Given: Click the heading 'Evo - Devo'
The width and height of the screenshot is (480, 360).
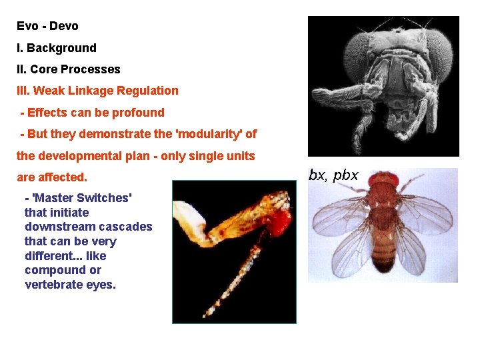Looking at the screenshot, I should pyautogui.click(x=47, y=27).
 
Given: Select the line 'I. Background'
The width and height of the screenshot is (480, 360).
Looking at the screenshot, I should pyautogui.click(x=57, y=48).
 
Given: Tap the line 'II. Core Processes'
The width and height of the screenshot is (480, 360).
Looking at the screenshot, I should pyautogui.click(x=69, y=69).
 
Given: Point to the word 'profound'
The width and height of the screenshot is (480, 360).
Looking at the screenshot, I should pyautogui.click(x=139, y=113).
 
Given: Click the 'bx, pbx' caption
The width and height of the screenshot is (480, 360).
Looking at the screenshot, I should pyautogui.click(x=333, y=175).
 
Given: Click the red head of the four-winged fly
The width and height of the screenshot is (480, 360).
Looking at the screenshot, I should pyautogui.click(x=385, y=179).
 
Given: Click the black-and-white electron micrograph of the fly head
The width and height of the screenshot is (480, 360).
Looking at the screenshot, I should pyautogui.click(x=383, y=85).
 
